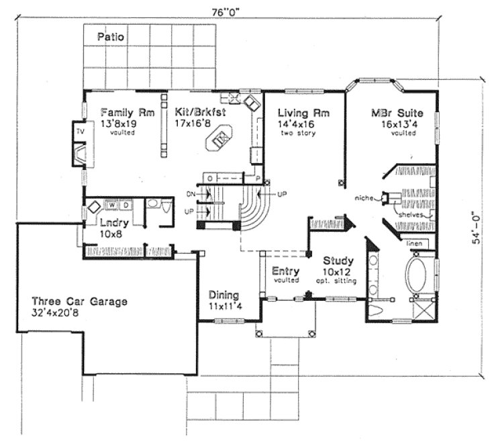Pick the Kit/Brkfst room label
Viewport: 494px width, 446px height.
pyautogui.click(x=199, y=113)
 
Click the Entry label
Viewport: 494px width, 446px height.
pyautogui.click(x=285, y=271)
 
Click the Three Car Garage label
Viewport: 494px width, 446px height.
pyautogui.click(x=79, y=302)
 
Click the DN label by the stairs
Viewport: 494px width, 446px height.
pyautogui.click(x=191, y=194)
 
